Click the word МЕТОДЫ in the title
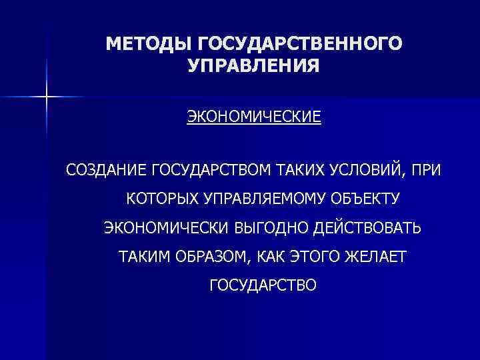pos(147,44)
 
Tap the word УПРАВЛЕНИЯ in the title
pos(253,67)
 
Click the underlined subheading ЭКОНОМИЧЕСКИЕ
pos(253,118)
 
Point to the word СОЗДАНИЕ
pos(106,171)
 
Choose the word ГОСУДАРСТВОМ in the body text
pos(211,171)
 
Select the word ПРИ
pos(427,171)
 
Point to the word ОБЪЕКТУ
pos(366,199)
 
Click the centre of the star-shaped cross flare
pos(47,97)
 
